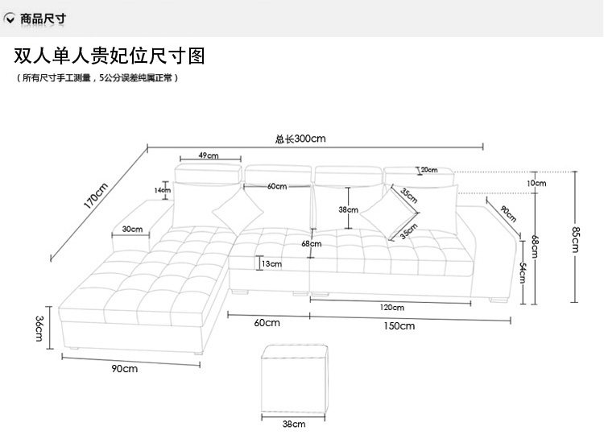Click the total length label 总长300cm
coord(300,139)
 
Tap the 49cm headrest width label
coord(209,155)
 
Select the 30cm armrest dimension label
coord(132,230)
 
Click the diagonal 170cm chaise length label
coord(96,196)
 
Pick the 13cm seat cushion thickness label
coord(271,263)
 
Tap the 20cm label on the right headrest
coord(428,170)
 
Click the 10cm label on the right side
coord(536,183)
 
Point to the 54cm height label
coord(523,274)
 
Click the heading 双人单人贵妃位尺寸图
coord(110,56)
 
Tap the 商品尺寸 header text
coord(48,18)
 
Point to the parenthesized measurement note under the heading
coord(97,78)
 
